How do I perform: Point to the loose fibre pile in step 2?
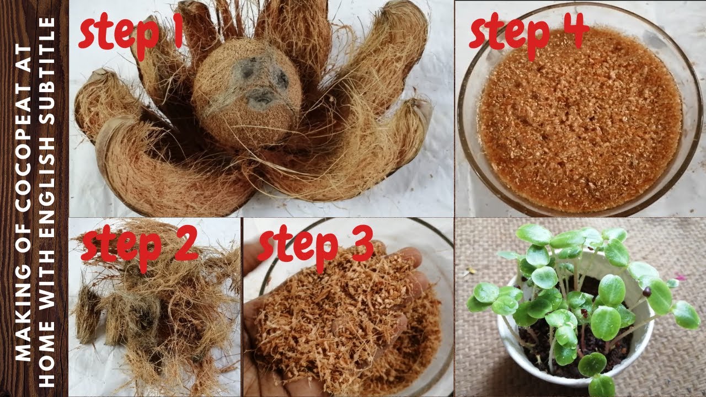pyautogui.click(x=154, y=309)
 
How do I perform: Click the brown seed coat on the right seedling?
pyautogui.click(x=646, y=292)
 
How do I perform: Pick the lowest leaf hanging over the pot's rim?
pyautogui.click(x=601, y=386)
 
